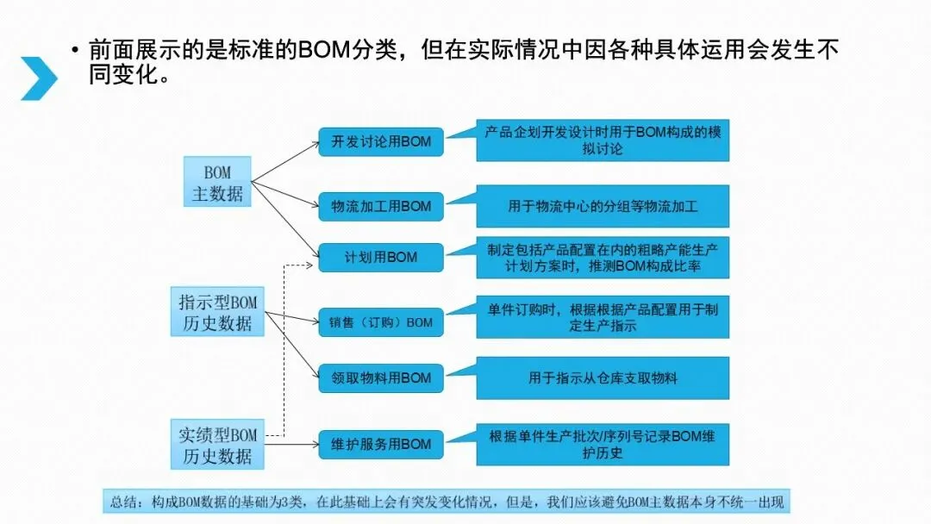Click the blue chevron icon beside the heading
[x=39, y=78]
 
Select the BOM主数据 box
[x=217, y=183]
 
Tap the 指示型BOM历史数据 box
[x=217, y=313]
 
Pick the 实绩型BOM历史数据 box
[x=217, y=445]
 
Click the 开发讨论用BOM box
[x=381, y=142]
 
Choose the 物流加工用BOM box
[x=381, y=207]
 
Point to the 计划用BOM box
[x=381, y=257]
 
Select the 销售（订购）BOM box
[x=381, y=322]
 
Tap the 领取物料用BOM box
[x=381, y=377]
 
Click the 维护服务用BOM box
[x=381, y=445]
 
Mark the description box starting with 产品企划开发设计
[x=603, y=140]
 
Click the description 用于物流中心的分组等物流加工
[x=603, y=207]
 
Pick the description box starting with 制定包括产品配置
[x=603, y=258]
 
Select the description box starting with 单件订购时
[x=603, y=317]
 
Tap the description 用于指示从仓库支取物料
[x=603, y=377]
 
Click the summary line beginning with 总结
[x=448, y=502]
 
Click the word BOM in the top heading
[x=324, y=50]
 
